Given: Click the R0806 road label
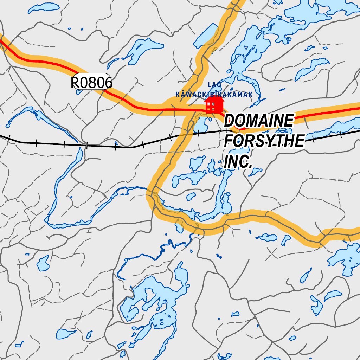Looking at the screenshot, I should (x=91, y=83).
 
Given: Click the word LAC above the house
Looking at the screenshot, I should (x=214, y=85).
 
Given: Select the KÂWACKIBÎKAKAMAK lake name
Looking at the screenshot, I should (x=214, y=95).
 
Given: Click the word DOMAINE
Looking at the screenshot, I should (x=258, y=121).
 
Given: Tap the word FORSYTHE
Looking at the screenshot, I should (x=264, y=141).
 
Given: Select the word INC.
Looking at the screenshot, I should (x=238, y=162).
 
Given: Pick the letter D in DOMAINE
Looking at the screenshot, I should (x=230, y=121).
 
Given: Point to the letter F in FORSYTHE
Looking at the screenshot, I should (x=229, y=141).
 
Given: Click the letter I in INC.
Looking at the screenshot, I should (x=227, y=162).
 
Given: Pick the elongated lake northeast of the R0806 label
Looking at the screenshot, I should (x=141, y=49).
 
